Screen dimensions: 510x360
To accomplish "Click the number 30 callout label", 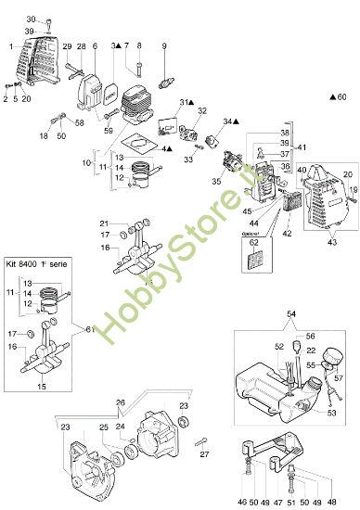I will (x=29, y=19).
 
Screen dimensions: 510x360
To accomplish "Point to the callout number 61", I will (x=89, y=327).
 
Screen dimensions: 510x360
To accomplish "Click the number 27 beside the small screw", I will (x=204, y=454).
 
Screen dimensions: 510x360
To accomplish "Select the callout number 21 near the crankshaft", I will (x=131, y=223).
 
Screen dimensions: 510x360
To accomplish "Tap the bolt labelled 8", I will (x=139, y=67).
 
